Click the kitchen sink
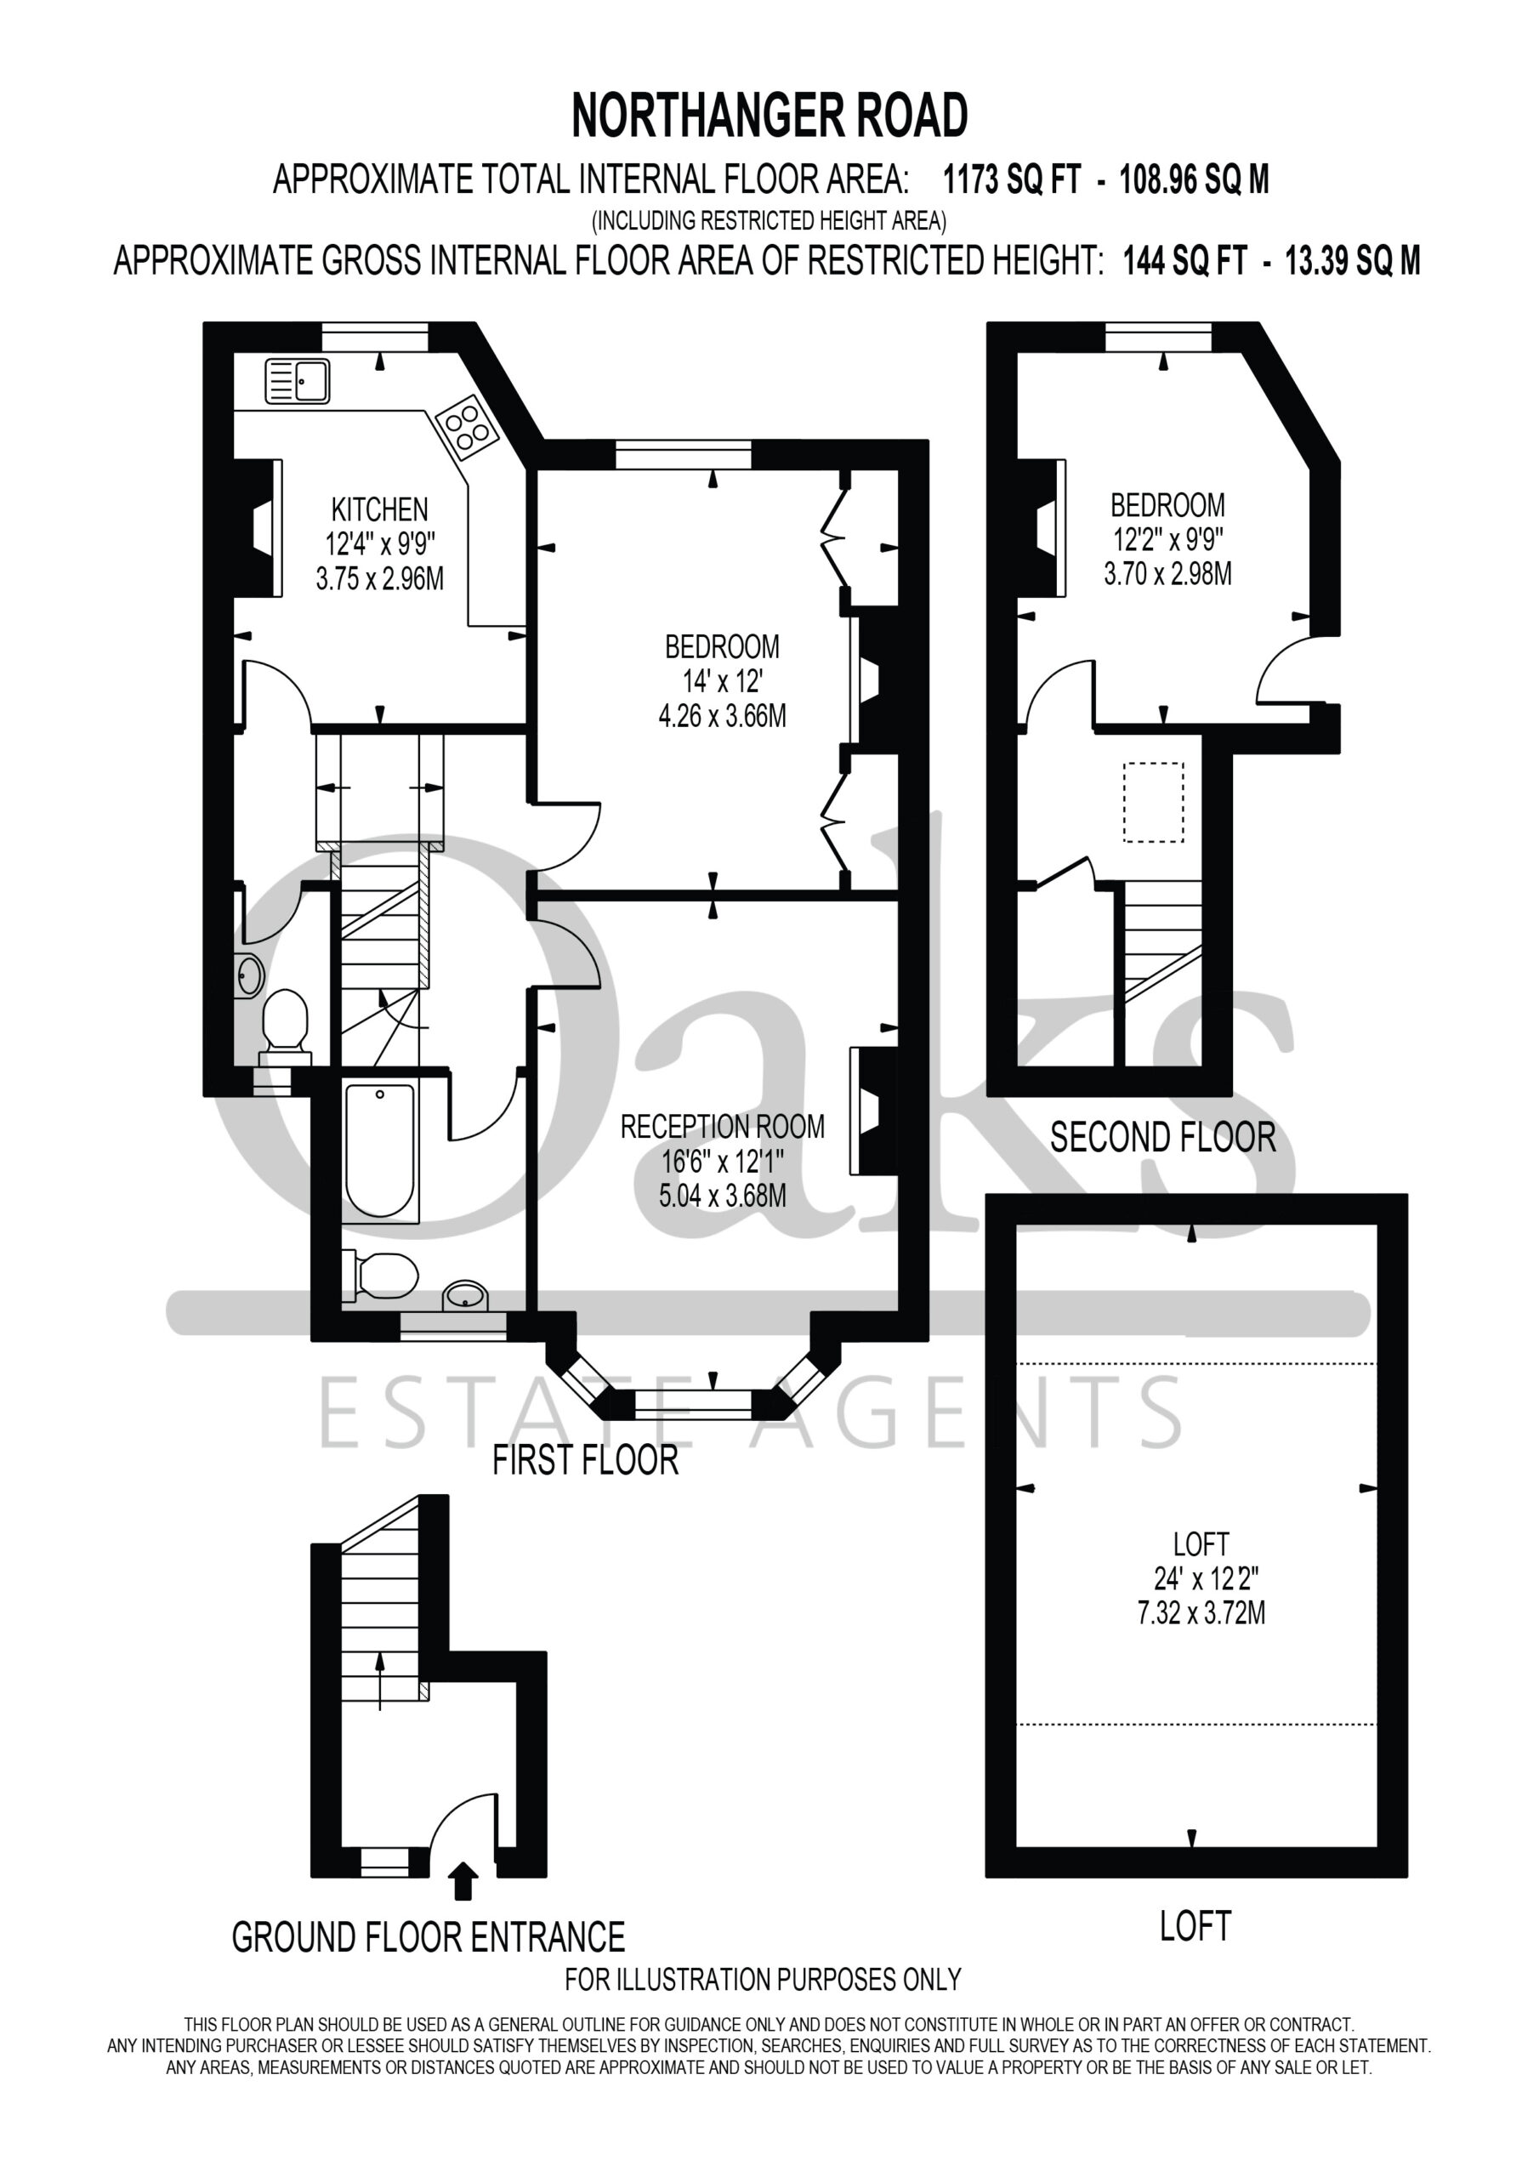click(297, 381)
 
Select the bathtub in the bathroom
click(380, 1150)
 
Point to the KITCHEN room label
click(379, 509)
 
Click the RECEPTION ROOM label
click(723, 1127)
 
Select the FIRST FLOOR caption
click(585, 1460)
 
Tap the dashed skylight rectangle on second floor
click(1153, 802)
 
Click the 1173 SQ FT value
click(1012, 179)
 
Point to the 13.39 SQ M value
click(1353, 260)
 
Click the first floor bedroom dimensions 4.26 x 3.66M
click(723, 715)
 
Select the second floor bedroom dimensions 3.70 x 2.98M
click(1168, 574)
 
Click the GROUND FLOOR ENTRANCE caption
click(429, 1937)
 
